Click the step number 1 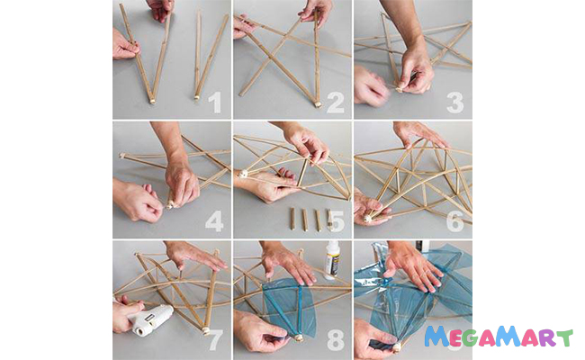[x=215, y=103]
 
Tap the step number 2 [x=336, y=103]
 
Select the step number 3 [x=455, y=103]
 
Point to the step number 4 [x=214, y=221]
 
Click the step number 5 [x=337, y=221]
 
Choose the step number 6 [x=455, y=221]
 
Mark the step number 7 [x=216, y=340]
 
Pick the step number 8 [x=336, y=340]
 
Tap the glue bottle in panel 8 [x=332, y=260]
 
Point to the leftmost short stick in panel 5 [x=292, y=219]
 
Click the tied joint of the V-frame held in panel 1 [x=152, y=101]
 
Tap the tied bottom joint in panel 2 [x=318, y=104]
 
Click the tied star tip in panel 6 [x=368, y=219]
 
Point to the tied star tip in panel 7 [x=205, y=331]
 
